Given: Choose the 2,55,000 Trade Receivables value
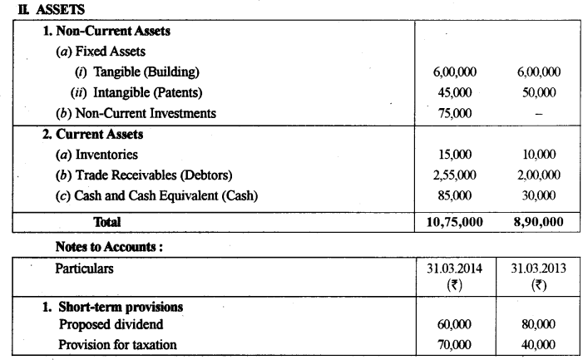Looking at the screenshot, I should click(454, 175).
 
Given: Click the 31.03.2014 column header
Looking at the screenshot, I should click(454, 269).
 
